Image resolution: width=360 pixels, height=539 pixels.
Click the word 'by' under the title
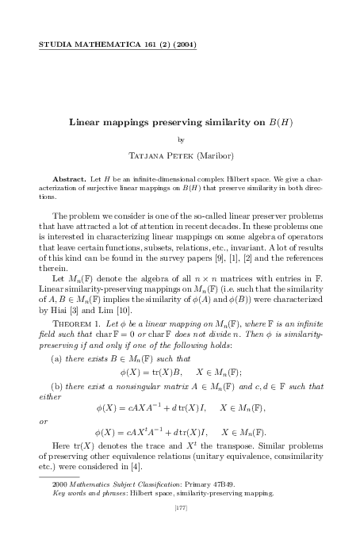[x=180, y=140]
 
